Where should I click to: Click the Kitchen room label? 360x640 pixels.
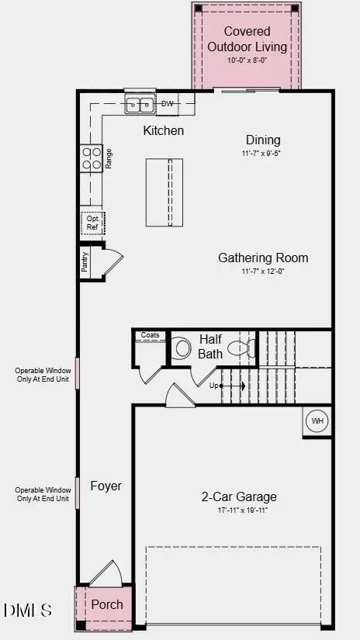pyautogui.click(x=164, y=130)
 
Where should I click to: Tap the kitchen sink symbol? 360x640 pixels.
pyautogui.click(x=139, y=104)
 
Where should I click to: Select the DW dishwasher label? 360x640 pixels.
pyautogui.click(x=168, y=104)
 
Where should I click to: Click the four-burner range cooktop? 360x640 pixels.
pyautogui.click(x=92, y=158)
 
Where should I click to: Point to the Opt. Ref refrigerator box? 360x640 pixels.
pyautogui.click(x=92, y=223)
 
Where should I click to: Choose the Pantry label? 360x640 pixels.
pyautogui.click(x=85, y=262)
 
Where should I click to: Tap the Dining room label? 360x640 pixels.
pyautogui.click(x=263, y=140)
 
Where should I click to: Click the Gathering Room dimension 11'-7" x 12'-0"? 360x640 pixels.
pyautogui.click(x=263, y=272)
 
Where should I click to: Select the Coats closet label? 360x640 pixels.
pyautogui.click(x=150, y=335)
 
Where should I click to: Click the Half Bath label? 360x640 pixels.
pyautogui.click(x=210, y=347)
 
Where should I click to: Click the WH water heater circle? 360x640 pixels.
pyautogui.click(x=317, y=421)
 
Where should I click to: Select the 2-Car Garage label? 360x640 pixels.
pyautogui.click(x=239, y=496)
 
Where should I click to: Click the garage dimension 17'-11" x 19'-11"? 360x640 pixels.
pyautogui.click(x=239, y=510)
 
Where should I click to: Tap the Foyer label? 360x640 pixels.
pyautogui.click(x=106, y=486)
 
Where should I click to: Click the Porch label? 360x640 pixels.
pyautogui.click(x=107, y=604)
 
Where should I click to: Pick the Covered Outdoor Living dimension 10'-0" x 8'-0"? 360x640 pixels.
pyautogui.click(x=247, y=61)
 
